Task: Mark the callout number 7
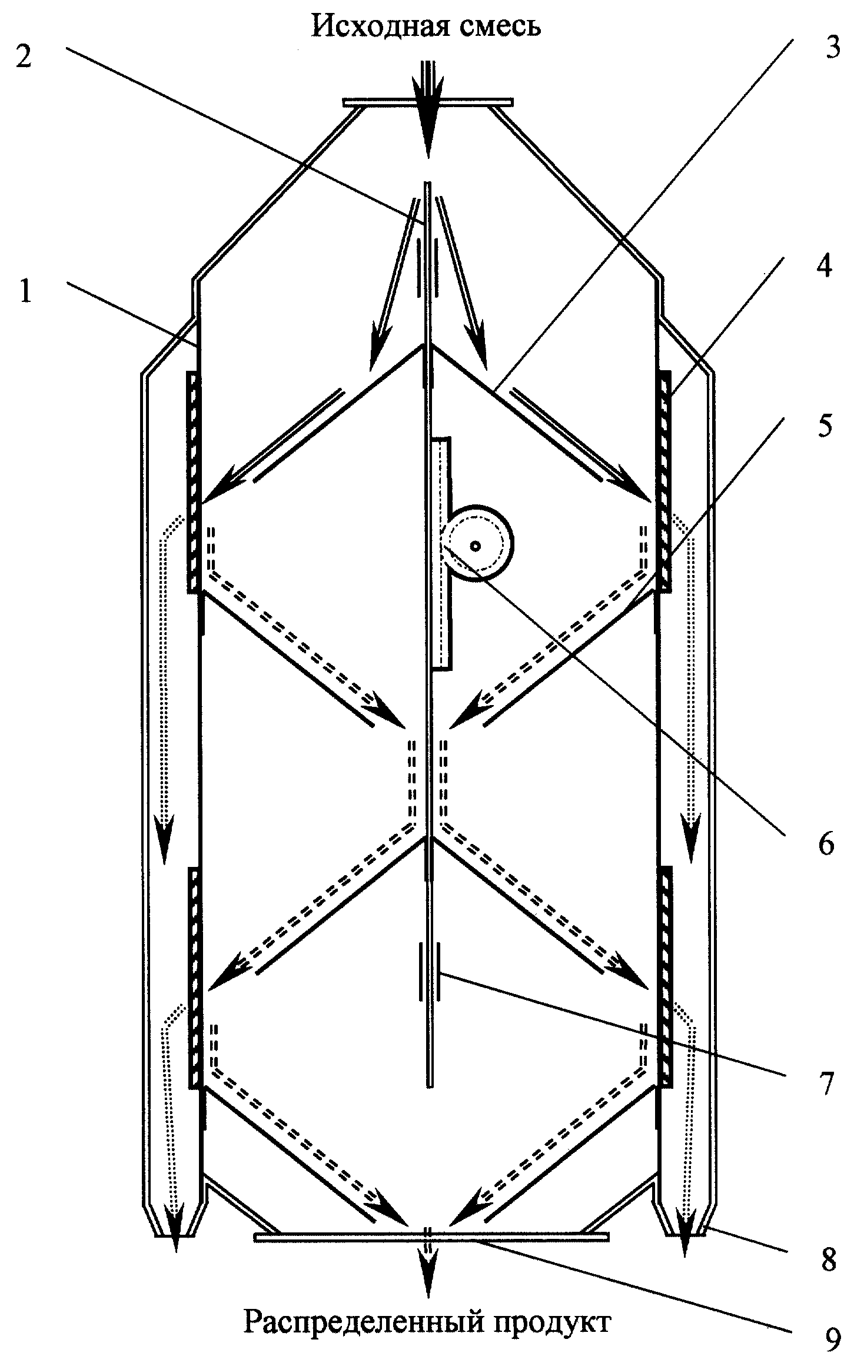(x=825, y=1084)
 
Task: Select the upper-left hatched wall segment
(x=194, y=481)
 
